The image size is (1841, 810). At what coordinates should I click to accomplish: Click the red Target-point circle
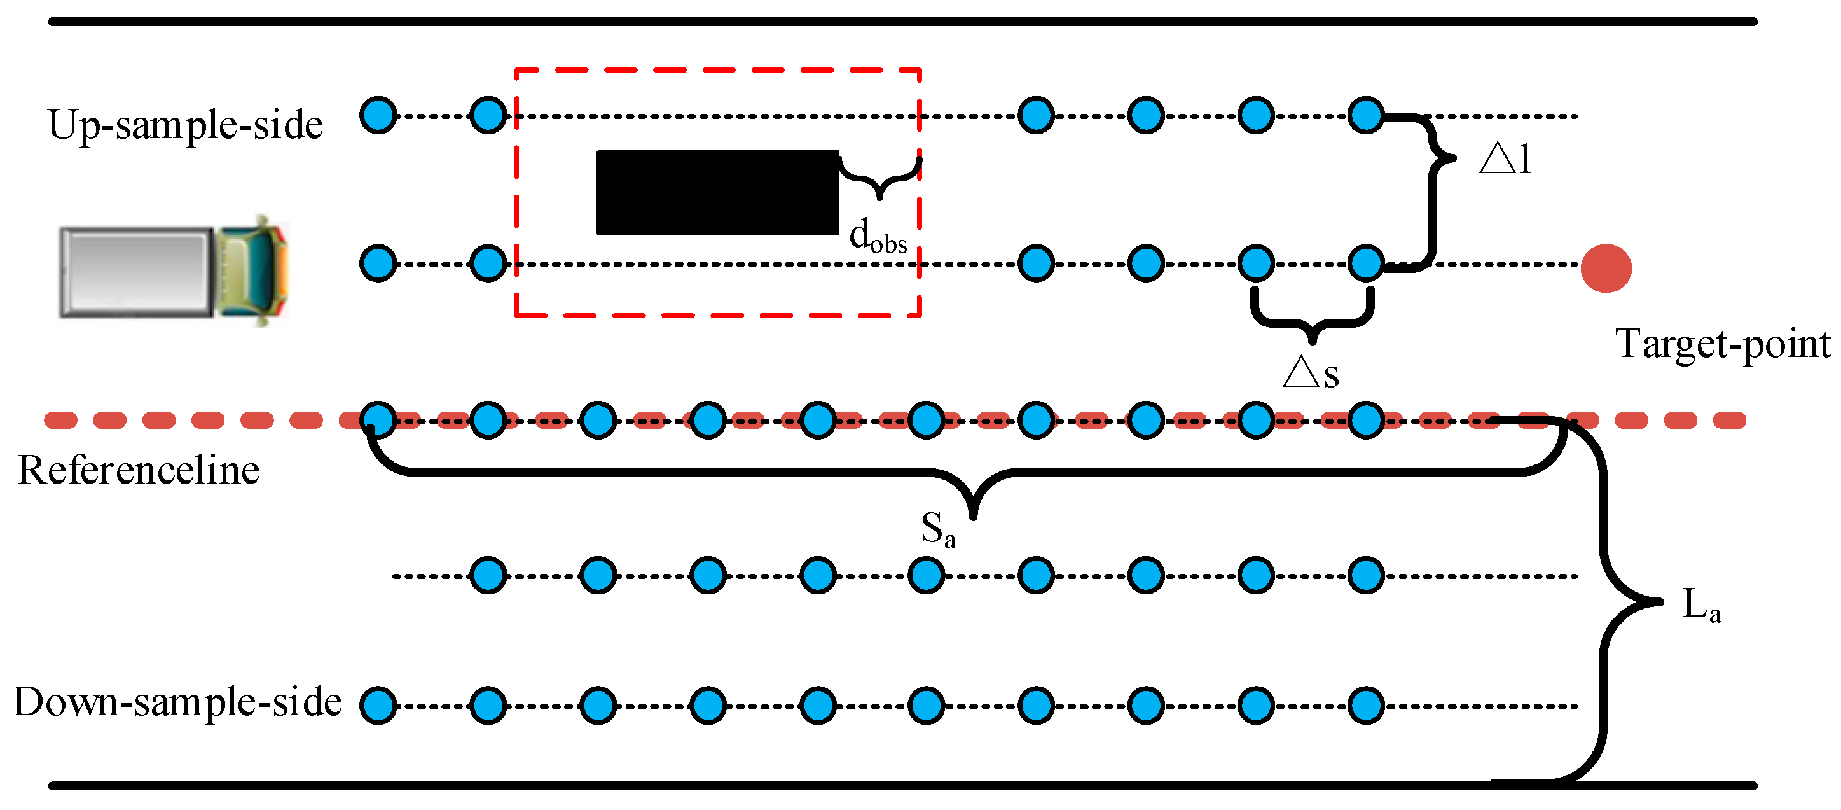tap(1605, 268)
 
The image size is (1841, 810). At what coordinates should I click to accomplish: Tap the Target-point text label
tap(1721, 345)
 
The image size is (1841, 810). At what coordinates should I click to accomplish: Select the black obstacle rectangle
tap(717, 192)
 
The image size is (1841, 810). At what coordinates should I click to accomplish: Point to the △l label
tap(1505, 158)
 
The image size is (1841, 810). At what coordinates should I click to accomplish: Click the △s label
tap(1310, 372)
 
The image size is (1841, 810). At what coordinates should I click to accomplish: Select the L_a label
tap(1701, 605)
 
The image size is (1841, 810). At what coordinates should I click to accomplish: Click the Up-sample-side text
tap(185, 125)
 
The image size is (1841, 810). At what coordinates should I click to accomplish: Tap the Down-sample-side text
tap(177, 702)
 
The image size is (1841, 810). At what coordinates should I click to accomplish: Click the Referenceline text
tap(139, 470)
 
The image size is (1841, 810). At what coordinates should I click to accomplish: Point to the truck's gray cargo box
tap(136, 272)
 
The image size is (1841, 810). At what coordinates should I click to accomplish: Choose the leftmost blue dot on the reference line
tap(378, 420)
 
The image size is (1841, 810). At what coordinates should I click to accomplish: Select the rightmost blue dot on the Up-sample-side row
tap(1366, 115)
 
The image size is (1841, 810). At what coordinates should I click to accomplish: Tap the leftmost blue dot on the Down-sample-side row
tap(378, 706)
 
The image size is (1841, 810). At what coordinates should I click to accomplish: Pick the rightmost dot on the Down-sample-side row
tap(1366, 706)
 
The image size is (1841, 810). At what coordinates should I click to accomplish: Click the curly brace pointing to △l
tap(1432, 190)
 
